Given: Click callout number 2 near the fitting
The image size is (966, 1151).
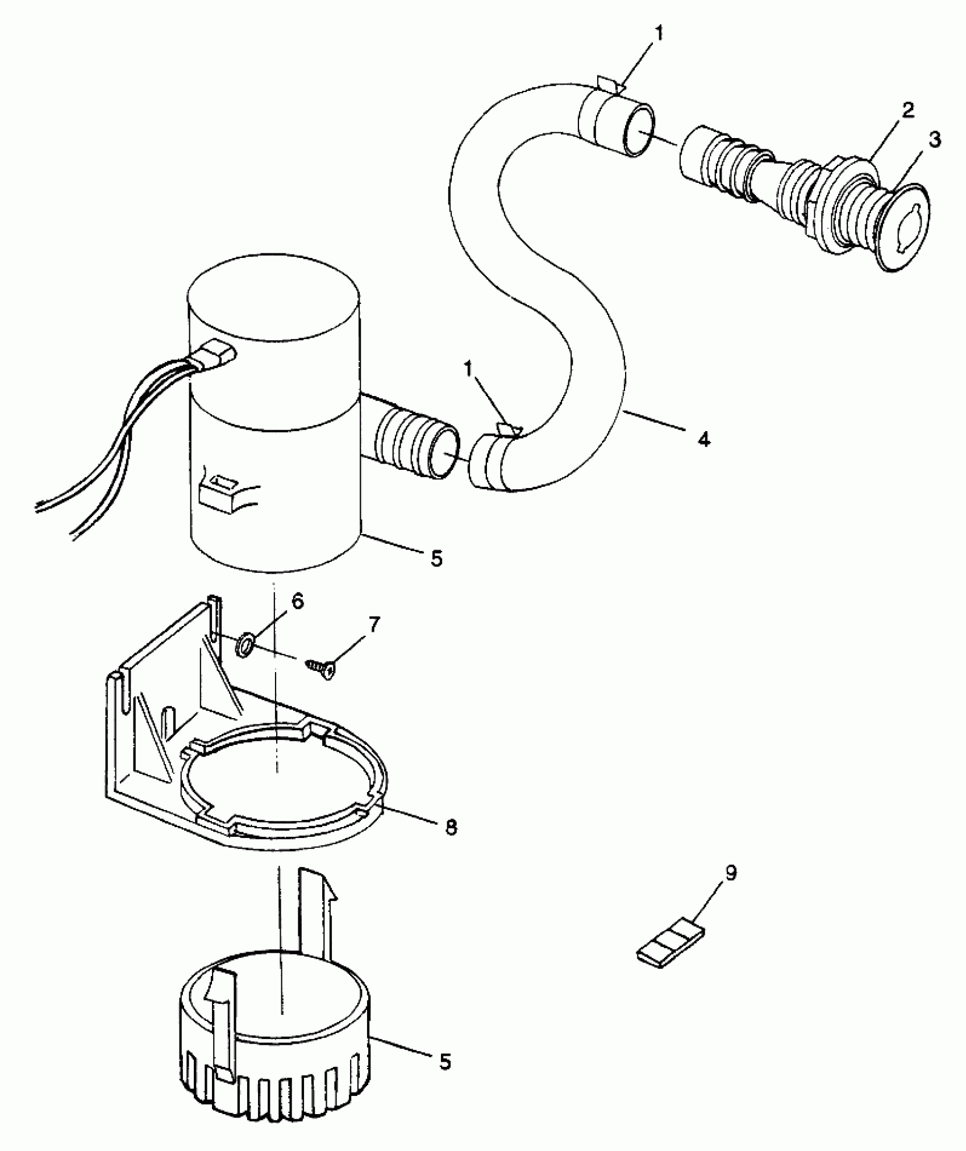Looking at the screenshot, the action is click(x=908, y=111).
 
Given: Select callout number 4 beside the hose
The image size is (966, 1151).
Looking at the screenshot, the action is click(x=704, y=439).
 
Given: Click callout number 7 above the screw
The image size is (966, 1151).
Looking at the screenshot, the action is click(x=373, y=625).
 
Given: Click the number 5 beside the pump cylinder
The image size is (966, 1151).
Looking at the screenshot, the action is click(x=436, y=559).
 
